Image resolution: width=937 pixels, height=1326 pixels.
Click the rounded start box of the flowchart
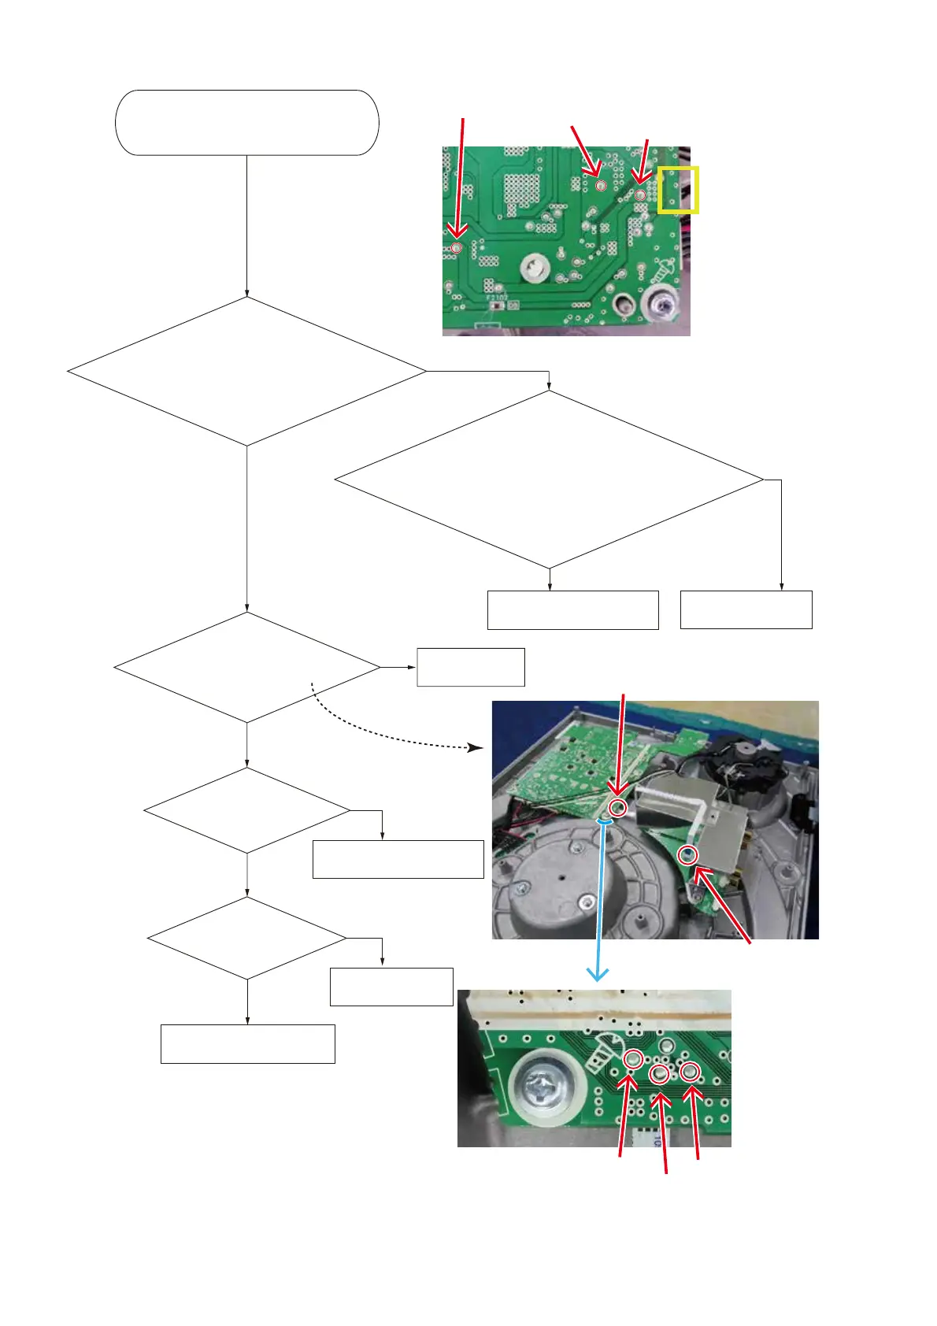pyautogui.click(x=246, y=123)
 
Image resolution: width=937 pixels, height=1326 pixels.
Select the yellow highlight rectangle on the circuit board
pyautogui.click(x=678, y=189)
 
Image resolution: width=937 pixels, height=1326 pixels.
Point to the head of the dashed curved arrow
pyautogui.click(x=476, y=746)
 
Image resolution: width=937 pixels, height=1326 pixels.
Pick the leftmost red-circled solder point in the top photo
pyautogui.click(x=456, y=248)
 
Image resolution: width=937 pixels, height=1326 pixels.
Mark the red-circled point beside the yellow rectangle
pyautogui.click(x=641, y=195)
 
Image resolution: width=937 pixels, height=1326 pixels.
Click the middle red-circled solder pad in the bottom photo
pyautogui.click(x=660, y=1074)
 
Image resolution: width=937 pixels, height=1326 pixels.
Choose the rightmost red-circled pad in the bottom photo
pyautogui.click(x=690, y=1071)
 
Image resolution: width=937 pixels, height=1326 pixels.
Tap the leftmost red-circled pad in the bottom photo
pyautogui.click(x=632, y=1060)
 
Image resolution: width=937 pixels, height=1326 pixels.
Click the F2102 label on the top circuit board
pyautogui.click(x=496, y=298)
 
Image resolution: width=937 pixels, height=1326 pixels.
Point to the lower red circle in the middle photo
pyautogui.click(x=688, y=854)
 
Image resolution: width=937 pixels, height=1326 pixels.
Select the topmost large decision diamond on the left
pyautogui.click(x=246, y=371)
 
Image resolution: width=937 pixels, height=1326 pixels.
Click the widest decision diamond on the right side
pyautogui.click(x=549, y=480)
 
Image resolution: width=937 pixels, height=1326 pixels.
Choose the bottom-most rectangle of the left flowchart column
pyautogui.click(x=247, y=1044)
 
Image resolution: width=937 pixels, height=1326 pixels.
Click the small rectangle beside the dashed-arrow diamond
pyautogui.click(x=470, y=667)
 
